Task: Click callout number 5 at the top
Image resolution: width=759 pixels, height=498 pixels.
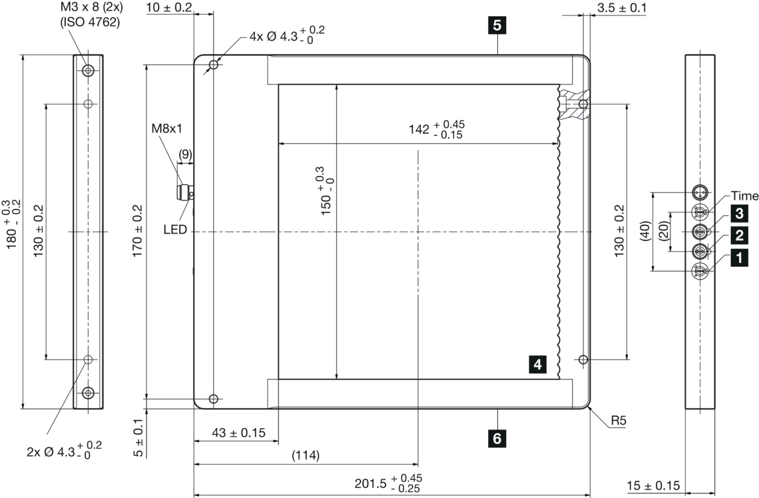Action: coord(497,26)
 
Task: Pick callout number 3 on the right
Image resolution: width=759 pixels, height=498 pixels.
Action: coord(737,213)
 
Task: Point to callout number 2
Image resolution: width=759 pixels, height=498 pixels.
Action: coord(737,234)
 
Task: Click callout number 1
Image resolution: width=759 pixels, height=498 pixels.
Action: coord(737,256)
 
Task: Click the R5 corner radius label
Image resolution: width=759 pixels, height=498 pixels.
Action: coord(620,421)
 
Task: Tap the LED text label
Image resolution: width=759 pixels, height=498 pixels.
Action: coord(175,230)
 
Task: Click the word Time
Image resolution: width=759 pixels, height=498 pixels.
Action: coord(744,196)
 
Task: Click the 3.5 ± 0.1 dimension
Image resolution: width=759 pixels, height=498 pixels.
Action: coord(621,8)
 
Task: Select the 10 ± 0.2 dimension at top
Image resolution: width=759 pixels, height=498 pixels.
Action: coord(169,8)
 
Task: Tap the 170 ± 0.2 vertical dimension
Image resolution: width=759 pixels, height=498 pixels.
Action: coord(138,232)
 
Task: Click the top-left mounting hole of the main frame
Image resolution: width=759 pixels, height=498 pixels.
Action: coord(213,65)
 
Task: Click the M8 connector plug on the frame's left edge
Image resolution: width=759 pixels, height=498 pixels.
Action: coord(183,194)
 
